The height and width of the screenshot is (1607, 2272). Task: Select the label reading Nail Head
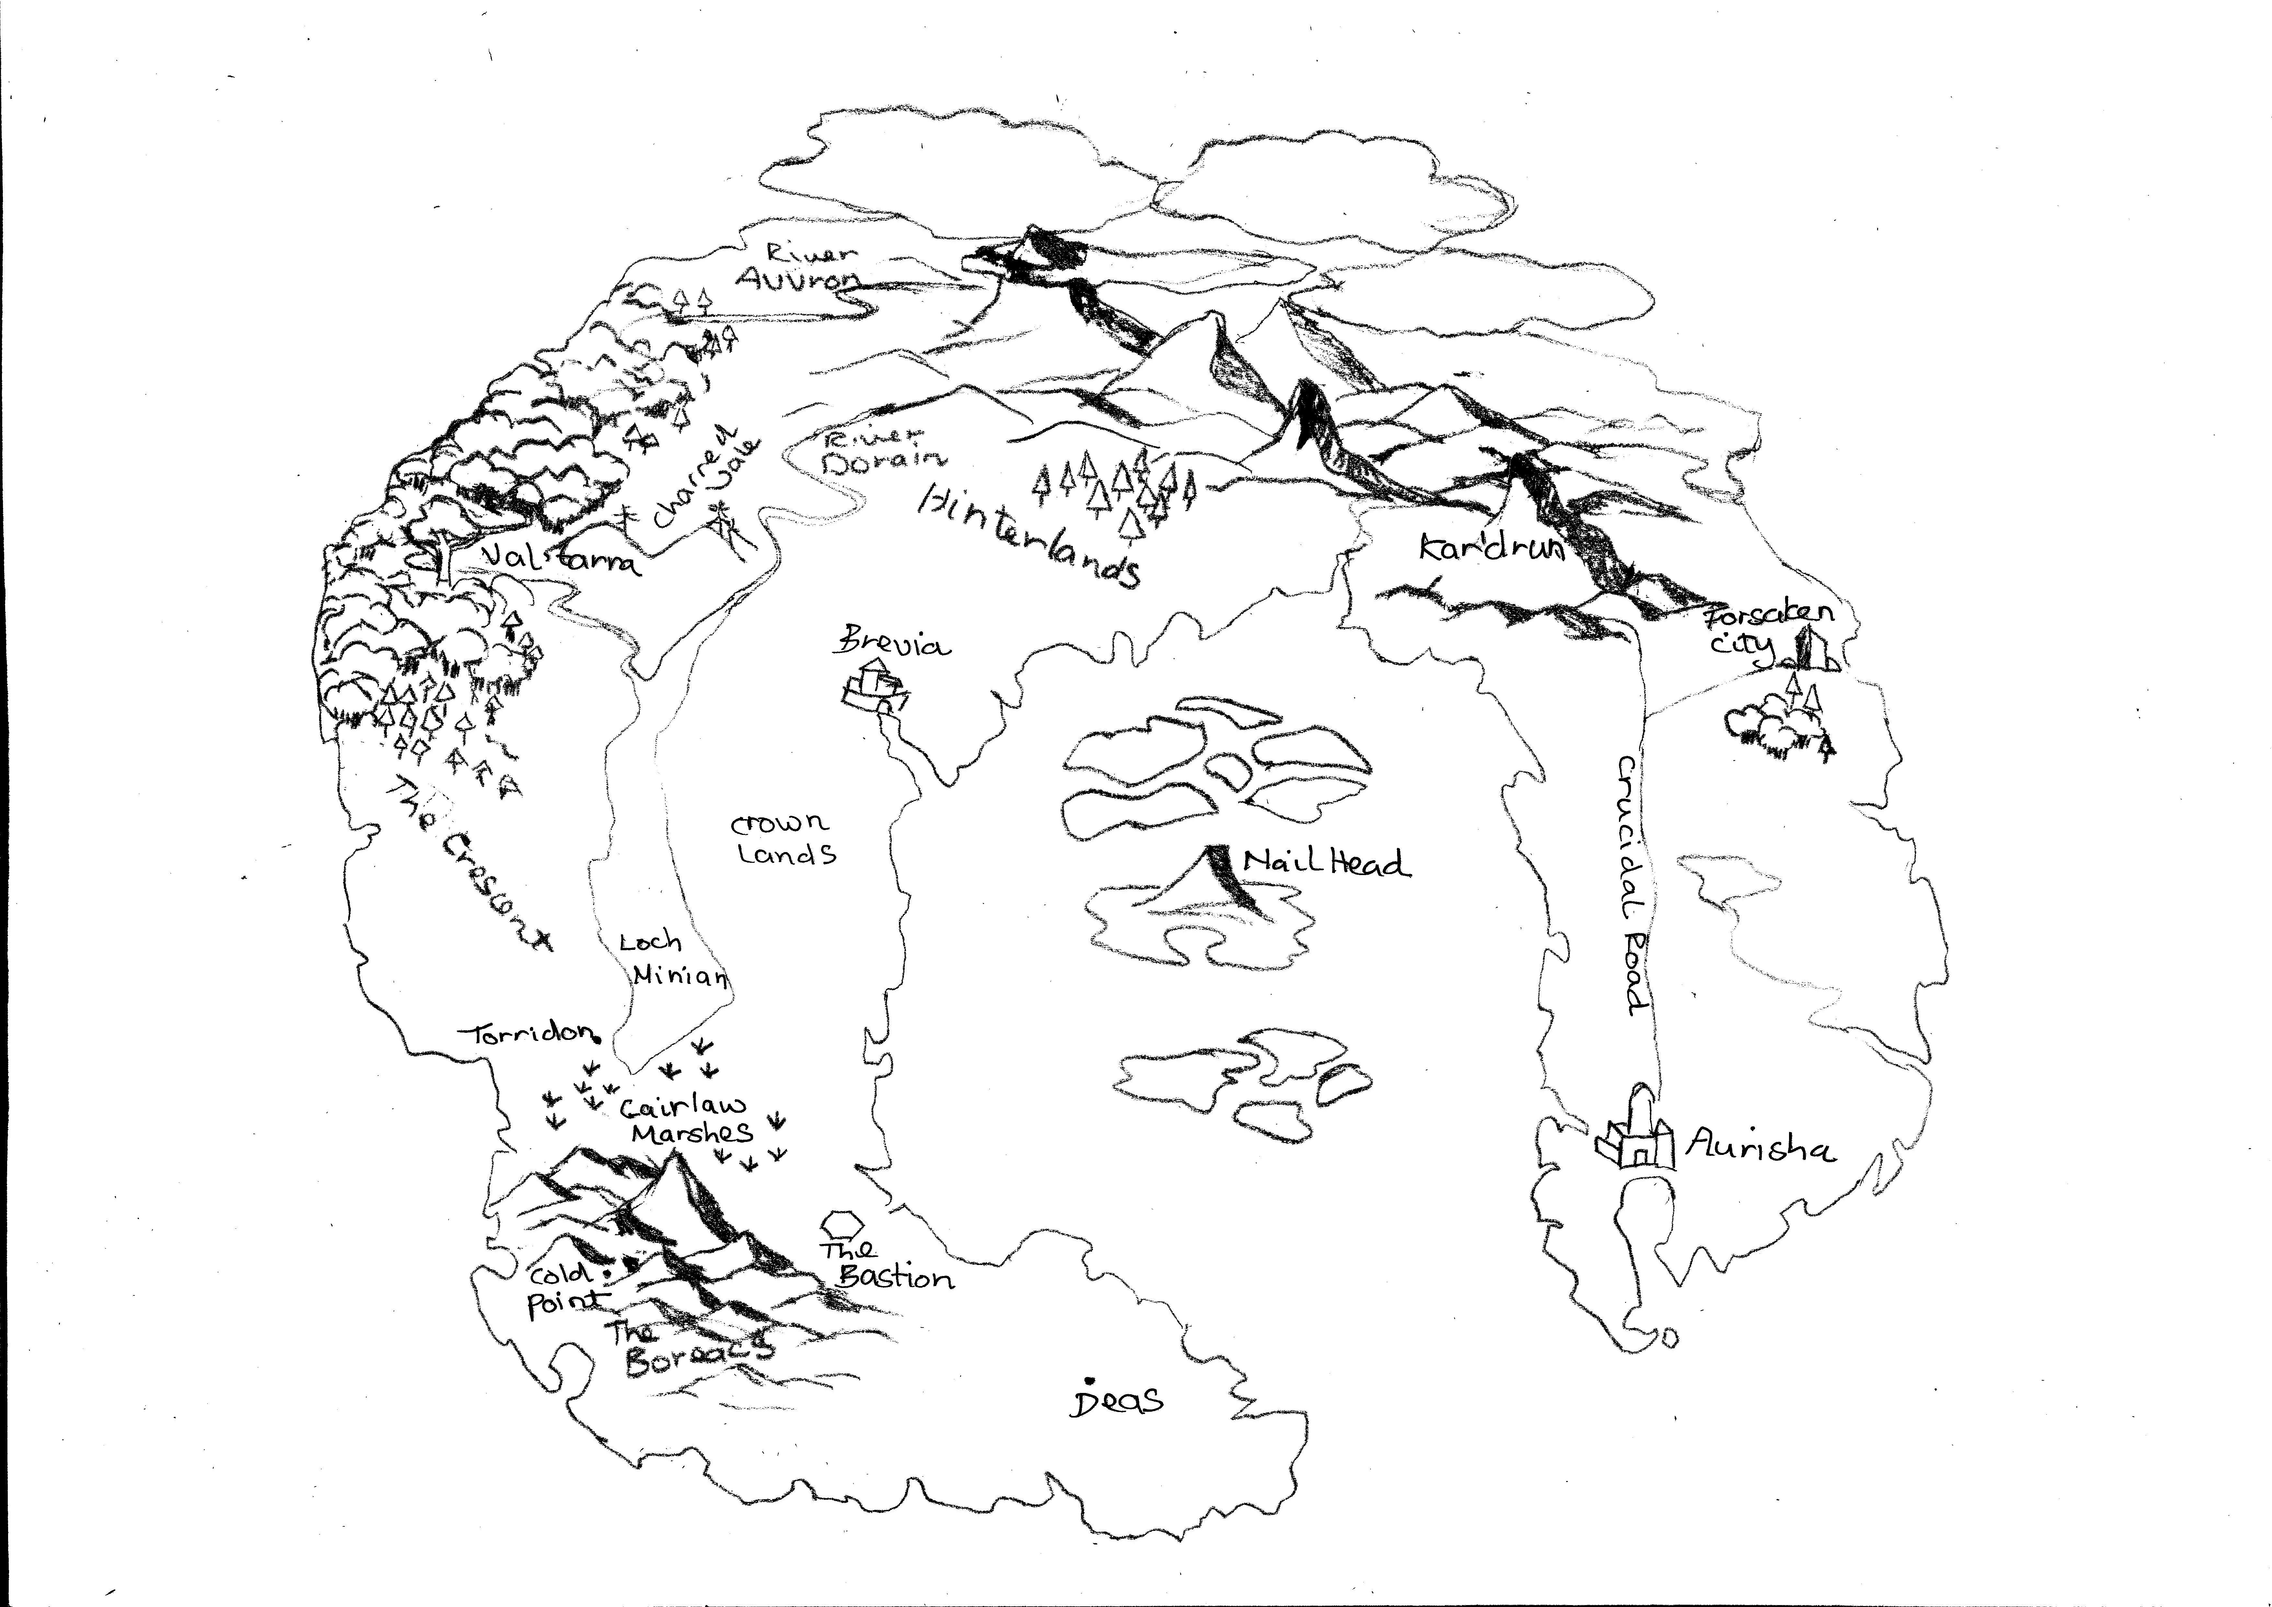pos(1326,863)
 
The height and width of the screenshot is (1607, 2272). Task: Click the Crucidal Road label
pos(1633,886)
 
